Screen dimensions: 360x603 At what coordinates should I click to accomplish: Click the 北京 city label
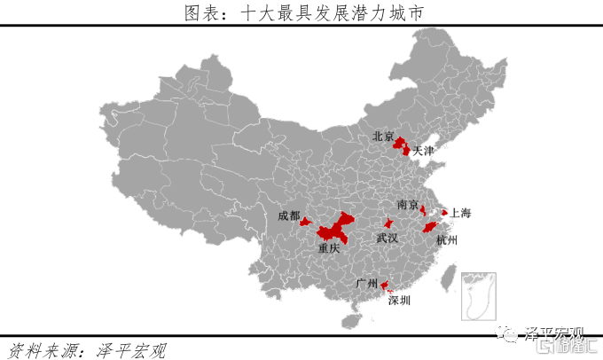click(x=383, y=137)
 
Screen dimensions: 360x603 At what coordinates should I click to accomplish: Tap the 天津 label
click(x=424, y=152)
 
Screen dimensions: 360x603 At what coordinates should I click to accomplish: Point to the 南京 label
click(x=408, y=205)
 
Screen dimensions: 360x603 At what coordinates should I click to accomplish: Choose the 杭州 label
click(x=448, y=240)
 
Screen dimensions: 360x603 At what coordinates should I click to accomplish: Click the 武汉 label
click(x=387, y=239)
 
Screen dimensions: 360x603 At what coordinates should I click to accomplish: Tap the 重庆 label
click(x=329, y=249)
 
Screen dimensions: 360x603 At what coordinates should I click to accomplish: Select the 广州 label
click(x=366, y=284)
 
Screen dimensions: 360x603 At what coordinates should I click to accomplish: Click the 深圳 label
click(x=399, y=301)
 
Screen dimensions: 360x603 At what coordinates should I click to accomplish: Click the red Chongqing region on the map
click(x=334, y=229)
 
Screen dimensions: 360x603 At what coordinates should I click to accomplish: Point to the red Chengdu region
click(x=305, y=222)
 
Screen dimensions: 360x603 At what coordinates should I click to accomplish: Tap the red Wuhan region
click(x=388, y=223)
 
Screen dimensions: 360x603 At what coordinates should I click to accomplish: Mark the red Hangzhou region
click(x=431, y=227)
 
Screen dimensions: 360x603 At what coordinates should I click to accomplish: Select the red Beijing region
click(x=400, y=143)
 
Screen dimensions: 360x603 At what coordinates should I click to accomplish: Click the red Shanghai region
click(x=444, y=212)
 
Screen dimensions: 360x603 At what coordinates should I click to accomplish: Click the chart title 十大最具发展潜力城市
click(x=301, y=12)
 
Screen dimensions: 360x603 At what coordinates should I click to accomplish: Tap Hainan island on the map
click(x=355, y=313)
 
